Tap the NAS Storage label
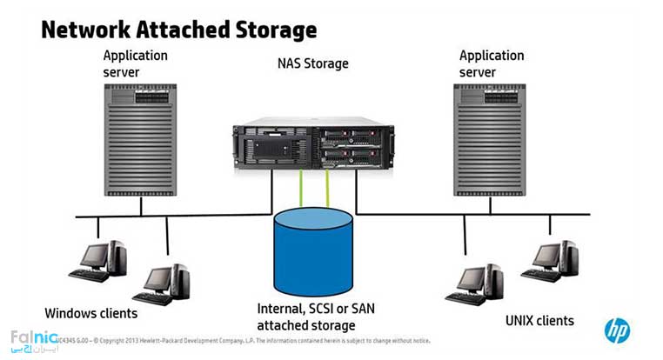coord(314,63)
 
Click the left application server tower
coord(140,138)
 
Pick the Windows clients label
coord(90,312)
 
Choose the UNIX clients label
coord(539,321)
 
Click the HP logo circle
coord(618,330)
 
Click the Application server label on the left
coord(135,63)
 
